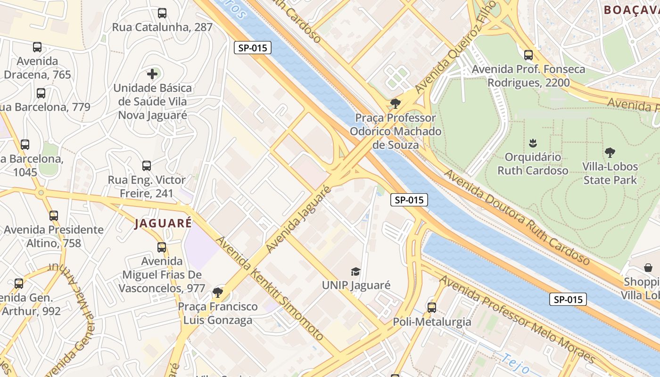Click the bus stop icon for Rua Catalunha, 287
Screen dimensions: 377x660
(x=162, y=13)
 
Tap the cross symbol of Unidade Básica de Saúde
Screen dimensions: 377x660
(x=152, y=74)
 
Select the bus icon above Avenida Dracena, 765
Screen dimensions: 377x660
(x=37, y=47)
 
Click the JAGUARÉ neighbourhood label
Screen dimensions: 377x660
(x=163, y=223)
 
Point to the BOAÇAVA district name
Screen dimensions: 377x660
(x=631, y=9)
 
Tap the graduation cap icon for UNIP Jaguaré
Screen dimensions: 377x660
(x=355, y=271)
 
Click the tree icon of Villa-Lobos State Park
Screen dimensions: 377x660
(x=610, y=153)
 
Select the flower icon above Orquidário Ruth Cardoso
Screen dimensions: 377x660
(x=533, y=143)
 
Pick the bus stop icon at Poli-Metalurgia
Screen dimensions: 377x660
(x=432, y=308)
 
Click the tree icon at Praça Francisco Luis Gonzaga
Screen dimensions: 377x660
(x=217, y=293)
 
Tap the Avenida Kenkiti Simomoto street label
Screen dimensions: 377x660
(x=270, y=287)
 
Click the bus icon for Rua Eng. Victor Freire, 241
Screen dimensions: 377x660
(x=147, y=166)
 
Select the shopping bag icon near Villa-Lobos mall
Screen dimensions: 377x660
(x=648, y=268)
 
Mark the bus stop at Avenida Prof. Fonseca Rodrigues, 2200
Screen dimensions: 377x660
(x=528, y=55)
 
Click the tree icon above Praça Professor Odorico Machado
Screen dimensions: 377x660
(x=395, y=104)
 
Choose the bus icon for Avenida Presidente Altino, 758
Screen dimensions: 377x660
(x=54, y=216)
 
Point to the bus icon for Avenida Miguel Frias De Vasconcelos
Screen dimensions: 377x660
(x=162, y=247)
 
